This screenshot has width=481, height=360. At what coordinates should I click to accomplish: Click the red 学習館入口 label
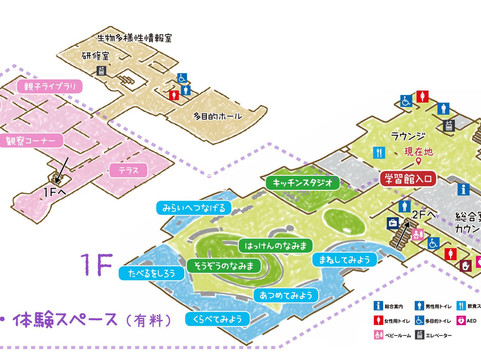(411, 178)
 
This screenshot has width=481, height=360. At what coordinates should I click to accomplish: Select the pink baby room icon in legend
(381, 335)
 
